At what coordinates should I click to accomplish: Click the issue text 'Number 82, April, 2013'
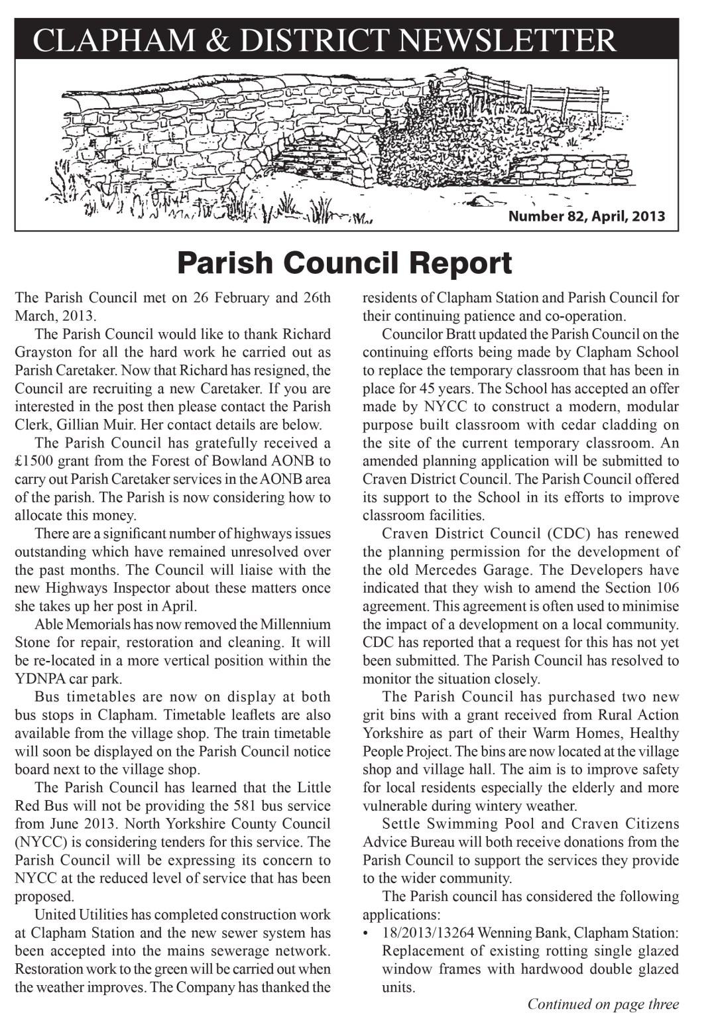(586, 216)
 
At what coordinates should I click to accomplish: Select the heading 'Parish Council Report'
(344, 263)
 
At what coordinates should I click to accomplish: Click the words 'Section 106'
(641, 588)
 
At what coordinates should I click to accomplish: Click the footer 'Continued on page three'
(603, 1004)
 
